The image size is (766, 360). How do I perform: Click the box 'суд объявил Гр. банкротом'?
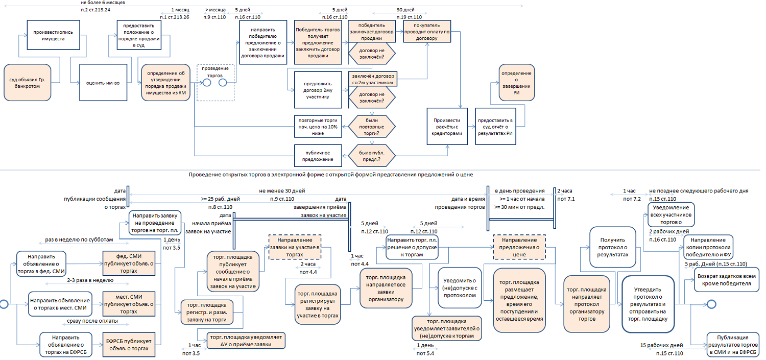click(x=28, y=83)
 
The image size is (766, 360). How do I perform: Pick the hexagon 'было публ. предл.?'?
click(x=371, y=156)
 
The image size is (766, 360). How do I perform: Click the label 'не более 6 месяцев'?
click(x=103, y=3)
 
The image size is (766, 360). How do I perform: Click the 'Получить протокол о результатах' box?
click(x=612, y=247)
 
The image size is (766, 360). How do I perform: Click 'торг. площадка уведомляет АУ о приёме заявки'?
click(x=245, y=341)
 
